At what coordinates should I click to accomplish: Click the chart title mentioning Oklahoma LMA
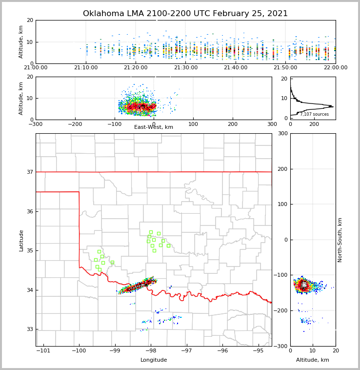click(x=185, y=14)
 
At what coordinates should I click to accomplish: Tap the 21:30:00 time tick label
click(x=186, y=67)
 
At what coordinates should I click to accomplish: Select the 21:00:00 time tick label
click(x=36, y=67)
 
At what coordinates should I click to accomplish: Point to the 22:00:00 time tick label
click(x=335, y=67)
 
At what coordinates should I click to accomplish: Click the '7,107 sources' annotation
click(x=314, y=114)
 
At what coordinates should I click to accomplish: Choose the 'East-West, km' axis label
click(x=154, y=127)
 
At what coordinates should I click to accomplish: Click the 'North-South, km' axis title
click(x=340, y=240)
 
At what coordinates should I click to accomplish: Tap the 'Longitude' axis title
click(x=154, y=360)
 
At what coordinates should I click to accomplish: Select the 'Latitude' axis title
click(x=21, y=240)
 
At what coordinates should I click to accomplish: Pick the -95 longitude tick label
click(x=259, y=350)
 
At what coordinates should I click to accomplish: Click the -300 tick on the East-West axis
click(x=36, y=124)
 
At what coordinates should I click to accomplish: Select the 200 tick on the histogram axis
click(x=314, y=124)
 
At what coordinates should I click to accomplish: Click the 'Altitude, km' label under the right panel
click(x=313, y=360)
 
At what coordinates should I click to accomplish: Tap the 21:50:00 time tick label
click(x=285, y=67)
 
